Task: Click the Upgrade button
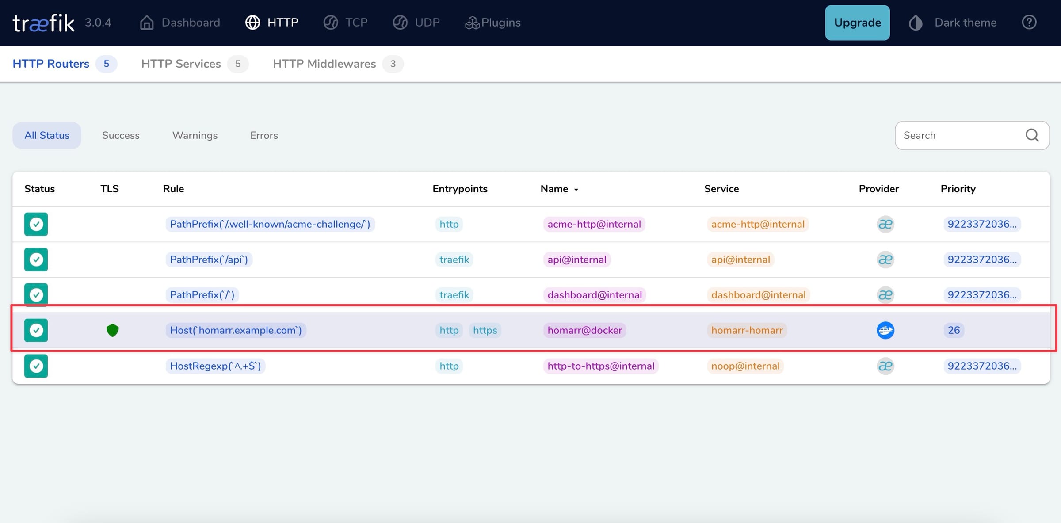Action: [857, 23]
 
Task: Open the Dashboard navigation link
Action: [180, 23]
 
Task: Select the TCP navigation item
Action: [346, 23]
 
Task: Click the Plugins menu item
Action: [493, 23]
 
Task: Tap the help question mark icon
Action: [1029, 22]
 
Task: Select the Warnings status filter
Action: [195, 135]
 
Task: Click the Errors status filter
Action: [264, 135]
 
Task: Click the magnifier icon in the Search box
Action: [1032, 135]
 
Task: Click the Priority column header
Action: [958, 189]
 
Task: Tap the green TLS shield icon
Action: [112, 330]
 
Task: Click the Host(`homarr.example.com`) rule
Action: [236, 330]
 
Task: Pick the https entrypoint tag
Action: [485, 330]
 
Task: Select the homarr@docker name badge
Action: [584, 330]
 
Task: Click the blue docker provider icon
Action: [885, 330]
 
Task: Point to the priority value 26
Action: [954, 330]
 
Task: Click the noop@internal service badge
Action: [745, 366]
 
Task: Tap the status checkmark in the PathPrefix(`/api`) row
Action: [36, 260]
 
